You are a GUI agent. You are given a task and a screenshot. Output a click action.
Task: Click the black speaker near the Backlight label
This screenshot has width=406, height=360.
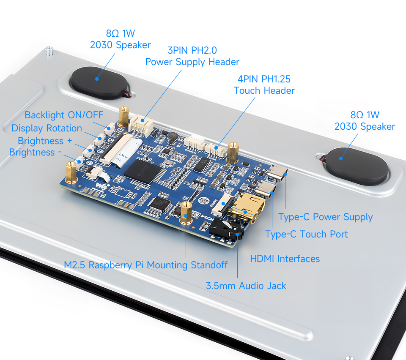(x=99, y=82)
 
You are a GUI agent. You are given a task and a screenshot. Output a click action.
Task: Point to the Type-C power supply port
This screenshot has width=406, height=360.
(x=277, y=172)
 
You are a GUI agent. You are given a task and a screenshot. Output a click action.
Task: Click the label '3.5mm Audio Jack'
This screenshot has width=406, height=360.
(x=246, y=286)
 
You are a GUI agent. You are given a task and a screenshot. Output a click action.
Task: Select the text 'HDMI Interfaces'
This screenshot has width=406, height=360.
(x=285, y=259)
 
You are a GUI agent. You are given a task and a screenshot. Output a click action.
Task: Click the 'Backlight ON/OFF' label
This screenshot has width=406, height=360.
(x=64, y=115)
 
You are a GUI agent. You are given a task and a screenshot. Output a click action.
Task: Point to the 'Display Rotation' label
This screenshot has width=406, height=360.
(x=47, y=128)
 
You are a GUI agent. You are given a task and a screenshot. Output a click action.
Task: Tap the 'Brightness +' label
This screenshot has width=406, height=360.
(x=45, y=141)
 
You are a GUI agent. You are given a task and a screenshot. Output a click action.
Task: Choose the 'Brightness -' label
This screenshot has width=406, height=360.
(x=35, y=153)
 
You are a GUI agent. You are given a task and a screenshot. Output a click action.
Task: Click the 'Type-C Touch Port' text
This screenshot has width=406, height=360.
(x=307, y=235)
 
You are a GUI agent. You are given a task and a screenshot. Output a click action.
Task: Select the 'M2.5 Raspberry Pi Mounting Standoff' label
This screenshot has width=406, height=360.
(x=146, y=265)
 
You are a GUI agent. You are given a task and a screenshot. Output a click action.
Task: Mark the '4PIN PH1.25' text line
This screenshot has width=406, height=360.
(x=264, y=79)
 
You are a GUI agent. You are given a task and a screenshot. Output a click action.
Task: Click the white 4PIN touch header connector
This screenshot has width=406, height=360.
(x=215, y=150)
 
